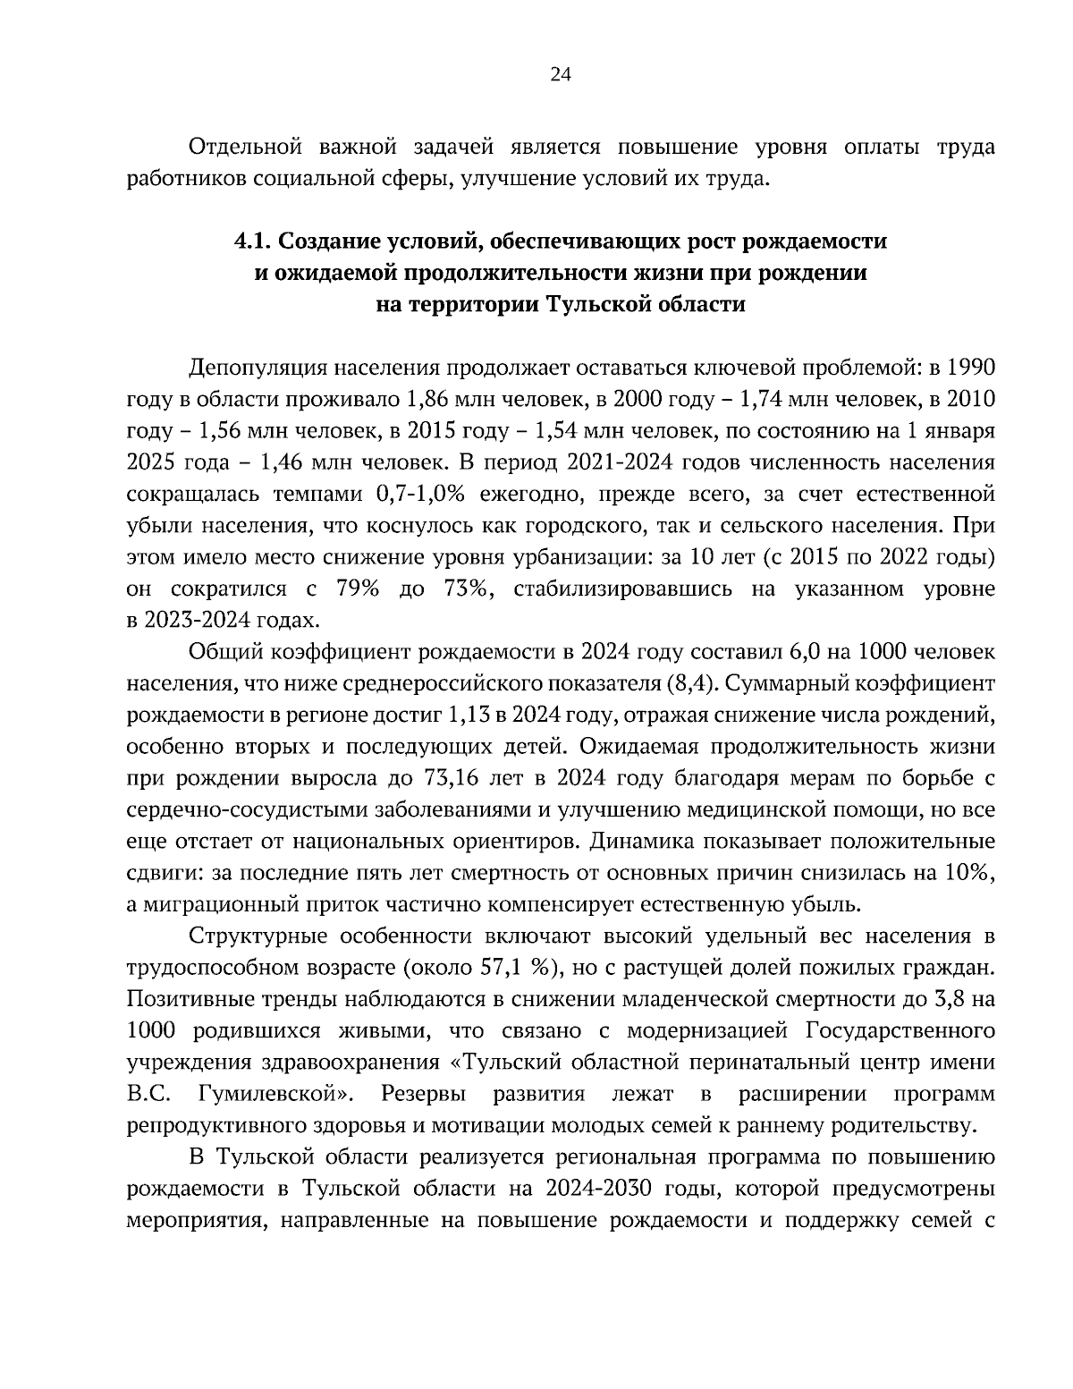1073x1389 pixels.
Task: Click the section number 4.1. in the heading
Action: pyautogui.click(x=253, y=241)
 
